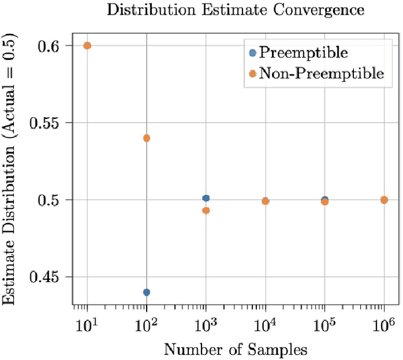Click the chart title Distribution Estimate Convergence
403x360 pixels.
pyautogui.click(x=236, y=10)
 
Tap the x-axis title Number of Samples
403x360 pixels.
pyautogui.click(x=236, y=348)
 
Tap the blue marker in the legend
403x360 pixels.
pyautogui.click(x=253, y=53)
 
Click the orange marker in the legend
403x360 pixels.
pyautogui.click(x=253, y=74)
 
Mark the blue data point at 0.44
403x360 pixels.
pyautogui.click(x=147, y=292)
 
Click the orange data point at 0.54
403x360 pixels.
pyautogui.click(x=147, y=138)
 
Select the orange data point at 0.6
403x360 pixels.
pyautogui.click(x=88, y=45)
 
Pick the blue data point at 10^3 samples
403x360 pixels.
pyautogui.click(x=206, y=198)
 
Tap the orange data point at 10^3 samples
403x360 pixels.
pyautogui.click(x=206, y=210)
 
